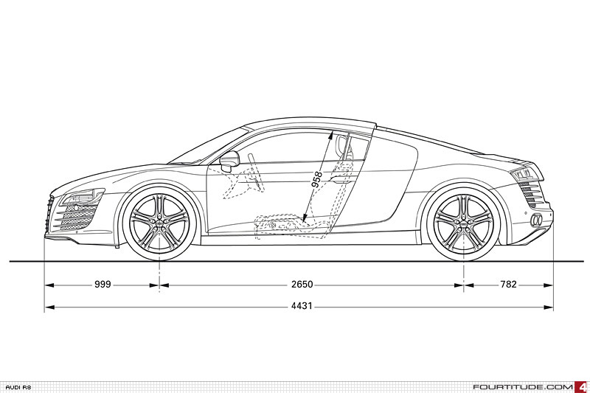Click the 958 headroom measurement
click(x=318, y=181)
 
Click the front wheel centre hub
click(x=159, y=221)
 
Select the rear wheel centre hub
click(x=464, y=221)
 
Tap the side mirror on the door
click(x=230, y=159)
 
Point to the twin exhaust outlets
click(x=538, y=220)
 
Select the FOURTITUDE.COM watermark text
click(x=523, y=386)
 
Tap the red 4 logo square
click(x=583, y=386)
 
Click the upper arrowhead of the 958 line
click(x=331, y=134)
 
